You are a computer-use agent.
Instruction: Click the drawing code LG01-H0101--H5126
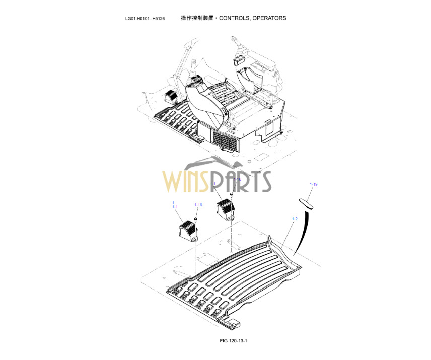point(145,19)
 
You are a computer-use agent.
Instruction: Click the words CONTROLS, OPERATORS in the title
point(256,18)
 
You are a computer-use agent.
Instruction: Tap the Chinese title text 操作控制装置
point(198,18)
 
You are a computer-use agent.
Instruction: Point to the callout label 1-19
point(313,185)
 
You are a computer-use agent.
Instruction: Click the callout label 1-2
point(295,219)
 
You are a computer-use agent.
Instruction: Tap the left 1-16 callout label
point(198,205)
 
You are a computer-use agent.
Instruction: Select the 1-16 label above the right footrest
point(237,179)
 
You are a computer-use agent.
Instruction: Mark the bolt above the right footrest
point(231,194)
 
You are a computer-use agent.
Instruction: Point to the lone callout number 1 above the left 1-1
point(173,203)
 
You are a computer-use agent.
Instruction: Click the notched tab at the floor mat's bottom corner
point(230,320)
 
